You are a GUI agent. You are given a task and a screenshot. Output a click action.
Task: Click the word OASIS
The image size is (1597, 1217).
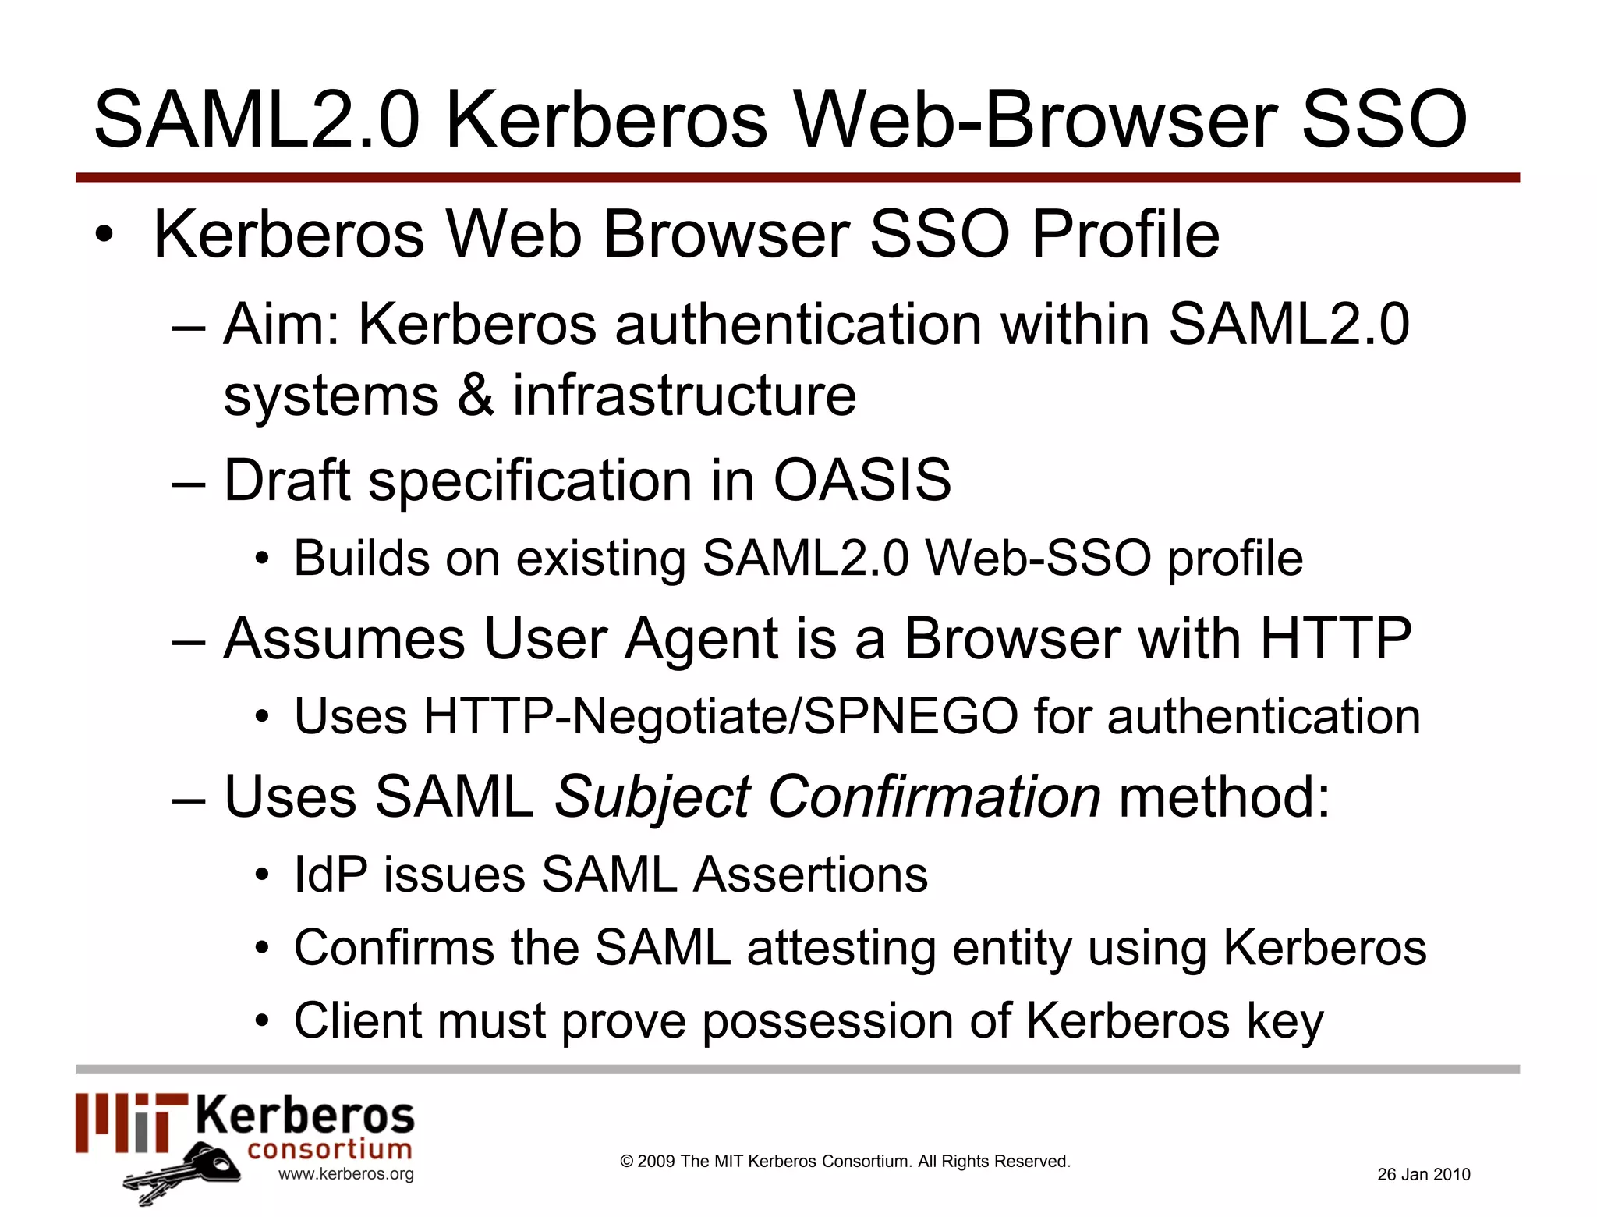(x=862, y=479)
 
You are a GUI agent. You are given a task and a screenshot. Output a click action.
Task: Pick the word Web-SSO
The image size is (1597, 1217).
(x=1038, y=559)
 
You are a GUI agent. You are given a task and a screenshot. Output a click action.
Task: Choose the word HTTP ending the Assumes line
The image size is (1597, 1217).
(x=1335, y=638)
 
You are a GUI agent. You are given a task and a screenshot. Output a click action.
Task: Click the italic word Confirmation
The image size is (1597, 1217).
(x=934, y=797)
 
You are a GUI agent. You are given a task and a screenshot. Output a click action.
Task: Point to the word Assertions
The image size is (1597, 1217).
(x=811, y=874)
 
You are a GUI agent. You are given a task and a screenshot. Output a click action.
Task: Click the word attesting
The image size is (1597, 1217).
(x=841, y=948)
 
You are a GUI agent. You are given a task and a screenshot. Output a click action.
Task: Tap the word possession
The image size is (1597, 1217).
(x=827, y=1020)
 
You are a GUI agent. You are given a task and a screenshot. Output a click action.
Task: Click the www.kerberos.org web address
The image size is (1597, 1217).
(x=346, y=1174)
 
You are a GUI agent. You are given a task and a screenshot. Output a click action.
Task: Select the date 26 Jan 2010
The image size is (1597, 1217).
(x=1423, y=1174)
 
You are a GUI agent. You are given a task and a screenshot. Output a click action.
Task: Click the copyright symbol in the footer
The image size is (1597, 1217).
(x=626, y=1162)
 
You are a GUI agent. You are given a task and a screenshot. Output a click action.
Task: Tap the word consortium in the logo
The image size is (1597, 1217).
(x=329, y=1149)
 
